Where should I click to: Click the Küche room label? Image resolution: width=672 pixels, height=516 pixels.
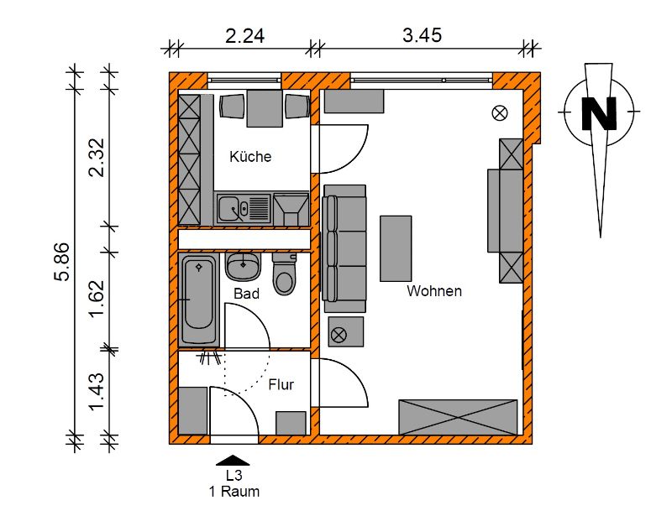[250, 156]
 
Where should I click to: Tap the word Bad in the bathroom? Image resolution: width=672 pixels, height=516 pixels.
[246, 294]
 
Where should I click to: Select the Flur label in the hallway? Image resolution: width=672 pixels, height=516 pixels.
[281, 384]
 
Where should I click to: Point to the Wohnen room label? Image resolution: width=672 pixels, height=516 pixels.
[434, 291]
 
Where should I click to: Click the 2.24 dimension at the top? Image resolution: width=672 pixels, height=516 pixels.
[244, 36]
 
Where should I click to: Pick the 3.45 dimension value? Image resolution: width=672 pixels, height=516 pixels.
[423, 35]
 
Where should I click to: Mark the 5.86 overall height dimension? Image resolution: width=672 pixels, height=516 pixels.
[61, 262]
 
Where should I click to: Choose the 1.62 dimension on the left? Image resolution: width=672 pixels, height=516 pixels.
[97, 299]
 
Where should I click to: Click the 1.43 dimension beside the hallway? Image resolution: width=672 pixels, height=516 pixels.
[97, 391]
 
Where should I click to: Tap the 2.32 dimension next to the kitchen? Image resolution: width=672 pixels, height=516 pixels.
[97, 157]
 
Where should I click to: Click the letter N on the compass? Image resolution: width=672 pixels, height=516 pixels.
[599, 113]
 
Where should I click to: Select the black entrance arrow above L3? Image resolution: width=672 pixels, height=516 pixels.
[233, 461]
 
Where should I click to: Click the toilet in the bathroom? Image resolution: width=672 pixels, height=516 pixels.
[284, 274]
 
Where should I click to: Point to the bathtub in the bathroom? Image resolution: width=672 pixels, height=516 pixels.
[199, 300]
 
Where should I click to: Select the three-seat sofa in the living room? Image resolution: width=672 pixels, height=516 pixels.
[344, 249]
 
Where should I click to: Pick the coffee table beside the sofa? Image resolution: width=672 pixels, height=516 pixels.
[396, 248]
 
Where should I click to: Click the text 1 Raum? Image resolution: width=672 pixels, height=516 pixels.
[234, 492]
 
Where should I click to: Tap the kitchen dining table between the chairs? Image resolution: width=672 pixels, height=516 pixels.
[265, 108]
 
